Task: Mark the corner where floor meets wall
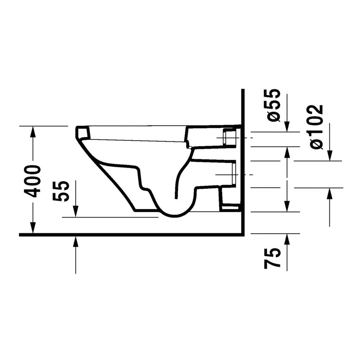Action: [x=242, y=234]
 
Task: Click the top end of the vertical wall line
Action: [x=242, y=91]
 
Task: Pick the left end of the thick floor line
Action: [x=20, y=234]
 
